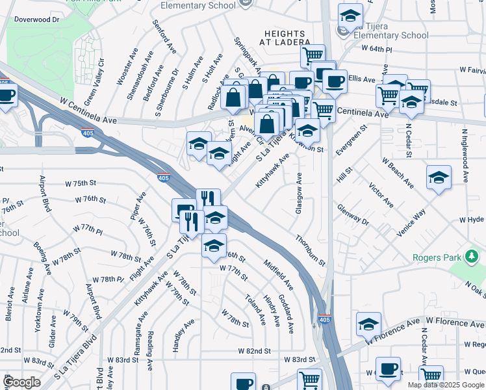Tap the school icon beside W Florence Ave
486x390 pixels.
[368, 324]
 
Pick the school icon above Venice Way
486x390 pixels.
[439, 177]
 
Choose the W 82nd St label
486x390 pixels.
[254, 351]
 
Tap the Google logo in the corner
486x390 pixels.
[21, 382]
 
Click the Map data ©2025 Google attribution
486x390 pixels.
[445, 385]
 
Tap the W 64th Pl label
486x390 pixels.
[377, 49]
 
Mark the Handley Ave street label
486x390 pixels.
[183, 335]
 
